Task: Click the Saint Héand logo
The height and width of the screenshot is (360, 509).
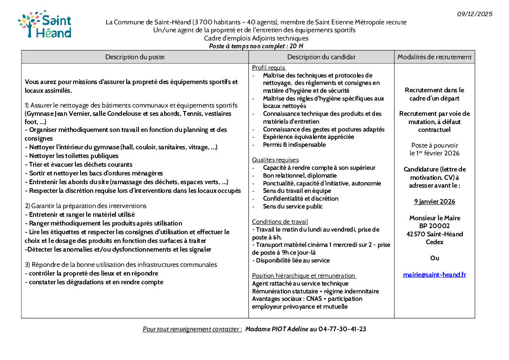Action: (44, 24)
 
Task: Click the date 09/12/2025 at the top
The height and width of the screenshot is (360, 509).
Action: (475, 14)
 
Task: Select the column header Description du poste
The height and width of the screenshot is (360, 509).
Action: (135, 57)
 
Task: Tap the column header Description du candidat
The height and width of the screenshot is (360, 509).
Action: (321, 57)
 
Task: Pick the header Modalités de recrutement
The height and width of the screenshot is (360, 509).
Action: (434, 57)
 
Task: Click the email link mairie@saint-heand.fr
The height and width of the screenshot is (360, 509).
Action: (435, 275)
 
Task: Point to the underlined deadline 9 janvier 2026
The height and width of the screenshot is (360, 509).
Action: (435, 202)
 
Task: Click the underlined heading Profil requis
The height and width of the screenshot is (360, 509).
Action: (269, 68)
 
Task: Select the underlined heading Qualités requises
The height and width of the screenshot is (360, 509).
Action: (275, 160)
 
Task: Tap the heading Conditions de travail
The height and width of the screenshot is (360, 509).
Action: (280, 222)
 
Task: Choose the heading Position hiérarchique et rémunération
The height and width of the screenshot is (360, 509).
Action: (304, 276)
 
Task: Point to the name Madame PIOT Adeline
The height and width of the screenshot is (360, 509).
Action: (276, 329)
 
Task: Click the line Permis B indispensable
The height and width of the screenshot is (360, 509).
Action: (294, 145)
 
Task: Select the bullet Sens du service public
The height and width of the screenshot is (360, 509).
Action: (293, 206)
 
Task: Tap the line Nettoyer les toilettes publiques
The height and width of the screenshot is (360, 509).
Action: (73, 155)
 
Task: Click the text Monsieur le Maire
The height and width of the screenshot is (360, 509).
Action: (435, 218)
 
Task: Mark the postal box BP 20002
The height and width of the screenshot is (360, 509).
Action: (435, 226)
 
